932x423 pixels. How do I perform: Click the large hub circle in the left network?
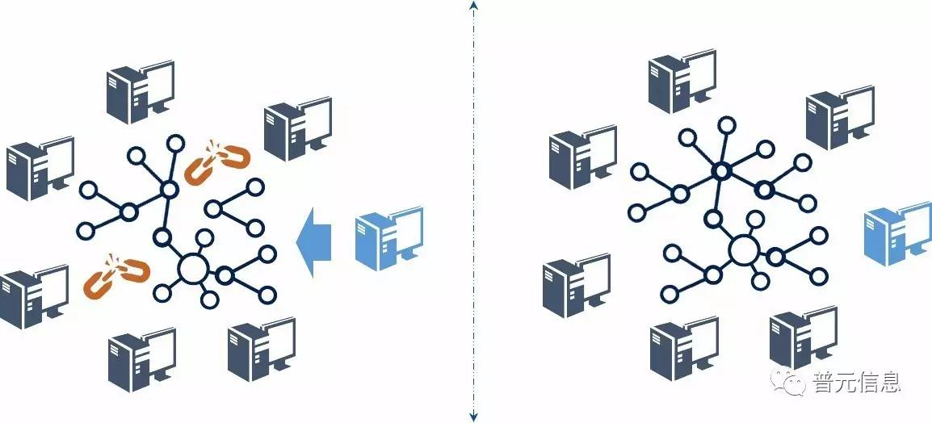click(193, 269)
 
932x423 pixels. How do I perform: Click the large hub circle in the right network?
click(744, 250)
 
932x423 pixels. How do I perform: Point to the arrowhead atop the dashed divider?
click(473, 6)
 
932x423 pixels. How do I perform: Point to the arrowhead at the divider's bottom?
click(473, 416)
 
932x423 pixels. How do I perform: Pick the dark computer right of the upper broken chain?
click(297, 128)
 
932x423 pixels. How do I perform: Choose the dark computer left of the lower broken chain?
click(34, 295)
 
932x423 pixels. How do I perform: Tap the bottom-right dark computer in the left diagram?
click(261, 350)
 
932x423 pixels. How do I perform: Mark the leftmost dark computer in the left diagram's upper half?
click(40, 168)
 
